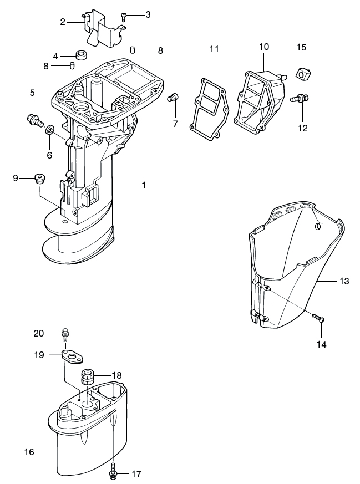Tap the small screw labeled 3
(125, 16)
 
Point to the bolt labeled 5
(34, 119)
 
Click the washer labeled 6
(49, 131)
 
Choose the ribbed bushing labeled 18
(87, 377)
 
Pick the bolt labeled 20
(65, 334)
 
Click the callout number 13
(344, 282)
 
